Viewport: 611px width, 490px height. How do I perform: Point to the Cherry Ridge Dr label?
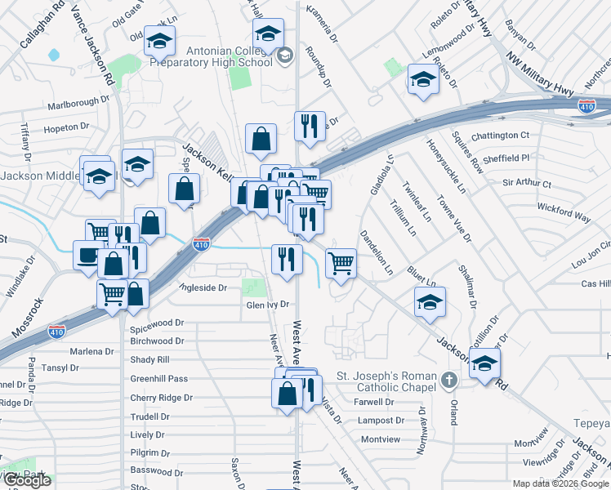161,398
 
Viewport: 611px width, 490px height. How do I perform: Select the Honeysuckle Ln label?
445,166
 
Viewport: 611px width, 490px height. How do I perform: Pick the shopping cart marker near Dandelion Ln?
341,263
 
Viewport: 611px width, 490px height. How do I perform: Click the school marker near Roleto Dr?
423,79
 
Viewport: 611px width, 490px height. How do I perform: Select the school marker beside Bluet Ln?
429,301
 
